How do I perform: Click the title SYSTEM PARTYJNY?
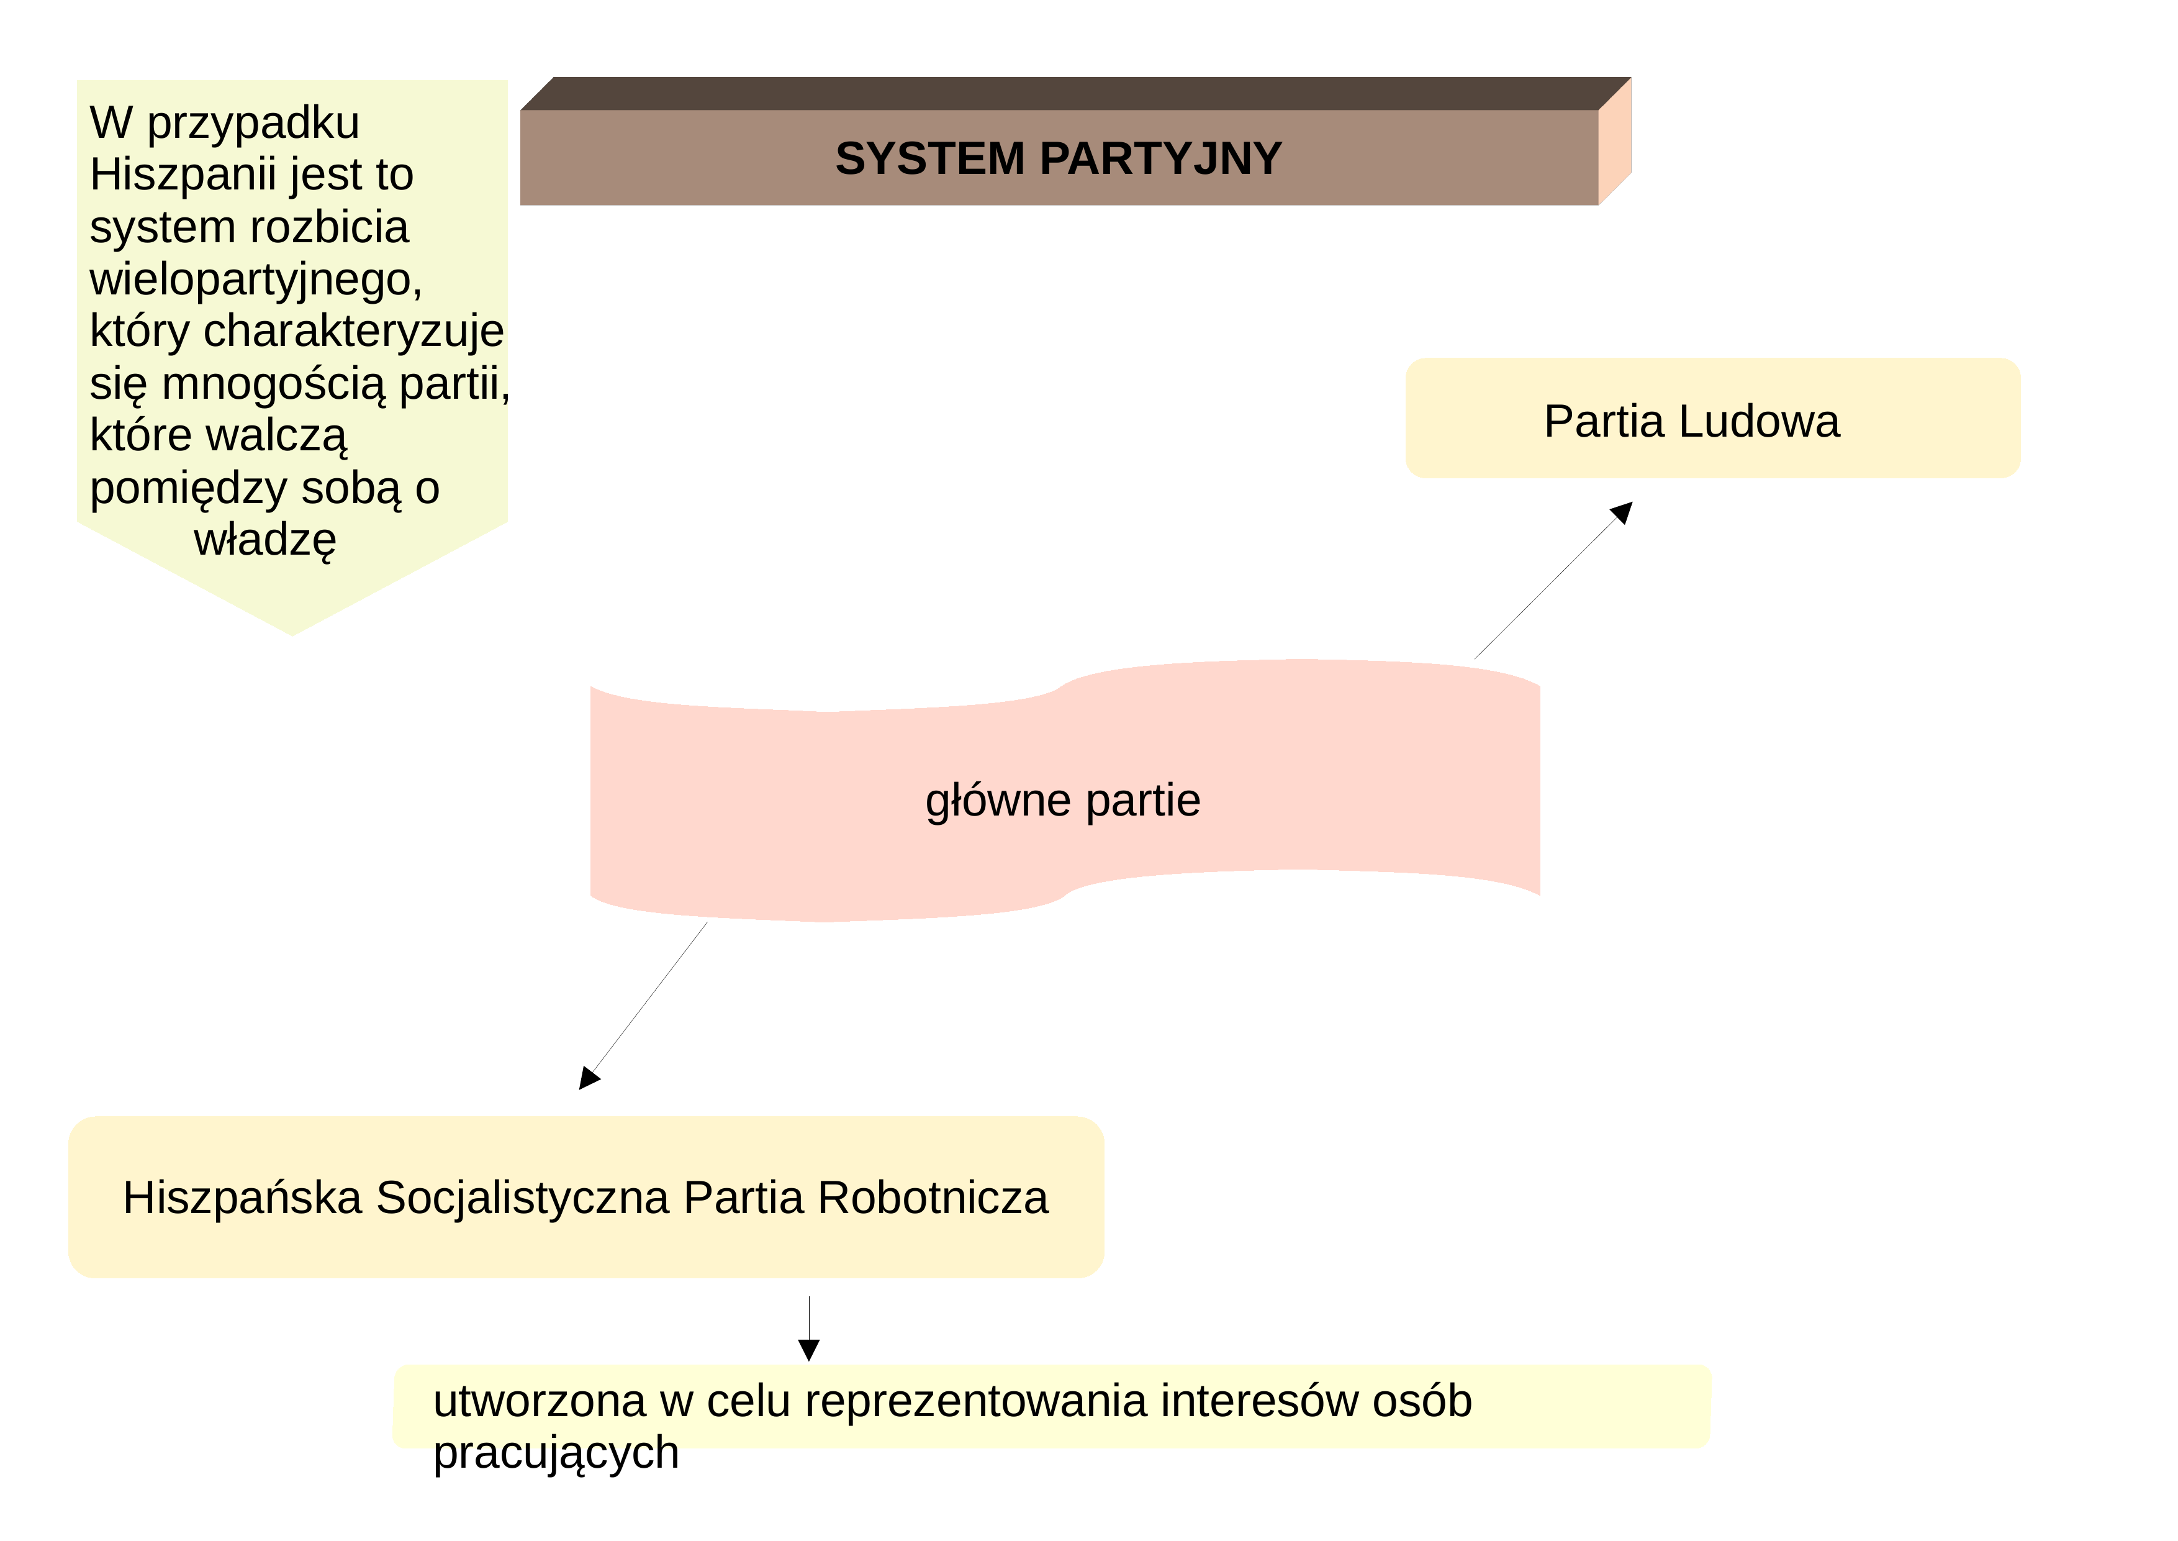click(x=1058, y=158)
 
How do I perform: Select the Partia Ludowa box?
click(x=1712, y=417)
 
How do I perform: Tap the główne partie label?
click(x=1062, y=800)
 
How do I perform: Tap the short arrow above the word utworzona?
click(x=809, y=1329)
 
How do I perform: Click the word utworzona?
click(x=540, y=1401)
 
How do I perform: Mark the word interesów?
click(x=1258, y=1401)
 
